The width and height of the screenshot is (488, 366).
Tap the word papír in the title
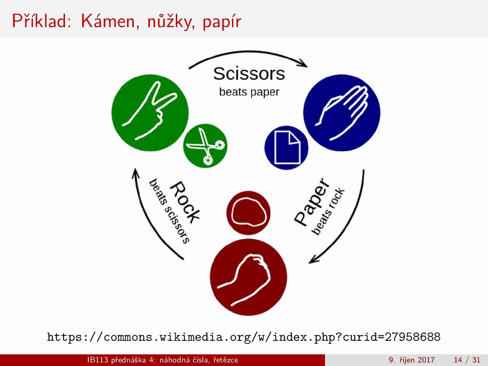click(x=222, y=22)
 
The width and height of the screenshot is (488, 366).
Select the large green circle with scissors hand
click(x=150, y=113)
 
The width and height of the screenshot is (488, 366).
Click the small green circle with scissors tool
click(x=205, y=146)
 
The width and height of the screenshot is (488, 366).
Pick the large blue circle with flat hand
click(x=342, y=113)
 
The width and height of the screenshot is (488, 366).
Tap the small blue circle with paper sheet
click(x=286, y=148)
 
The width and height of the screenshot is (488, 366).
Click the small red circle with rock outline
click(x=248, y=213)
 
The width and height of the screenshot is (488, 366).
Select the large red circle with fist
click(x=248, y=277)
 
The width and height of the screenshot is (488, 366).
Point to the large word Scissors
click(x=249, y=74)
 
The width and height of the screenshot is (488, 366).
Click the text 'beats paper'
click(x=249, y=92)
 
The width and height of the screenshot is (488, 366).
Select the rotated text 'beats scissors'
click(x=169, y=211)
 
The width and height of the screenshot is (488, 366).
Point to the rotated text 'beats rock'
click(x=328, y=211)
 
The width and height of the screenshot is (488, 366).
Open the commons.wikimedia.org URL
click(x=244, y=337)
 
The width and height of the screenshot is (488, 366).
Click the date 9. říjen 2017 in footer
click(x=412, y=360)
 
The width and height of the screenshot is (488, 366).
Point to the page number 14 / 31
click(x=467, y=360)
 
